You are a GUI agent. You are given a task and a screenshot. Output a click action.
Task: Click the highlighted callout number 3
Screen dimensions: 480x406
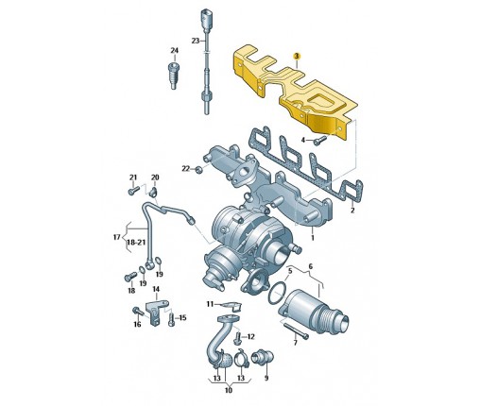297,57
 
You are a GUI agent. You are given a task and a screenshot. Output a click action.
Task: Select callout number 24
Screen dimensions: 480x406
174,50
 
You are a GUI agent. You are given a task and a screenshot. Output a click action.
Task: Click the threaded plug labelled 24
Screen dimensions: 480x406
174,76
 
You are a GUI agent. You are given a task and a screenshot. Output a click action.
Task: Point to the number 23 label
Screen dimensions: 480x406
196,41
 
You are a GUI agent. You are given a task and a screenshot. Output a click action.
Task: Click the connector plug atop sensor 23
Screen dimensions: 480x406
206,19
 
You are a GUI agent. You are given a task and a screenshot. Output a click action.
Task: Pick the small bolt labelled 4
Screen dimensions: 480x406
319,141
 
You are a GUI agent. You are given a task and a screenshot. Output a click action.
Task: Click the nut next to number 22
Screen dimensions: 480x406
198,170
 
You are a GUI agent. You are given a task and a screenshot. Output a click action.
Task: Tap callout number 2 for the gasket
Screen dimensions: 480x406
352,211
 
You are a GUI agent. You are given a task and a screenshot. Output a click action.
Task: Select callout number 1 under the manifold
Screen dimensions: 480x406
313,238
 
